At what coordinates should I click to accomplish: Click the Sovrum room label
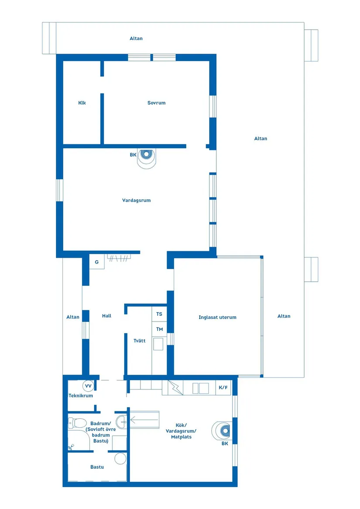[x=156, y=103]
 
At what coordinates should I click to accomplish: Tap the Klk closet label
[x=82, y=103]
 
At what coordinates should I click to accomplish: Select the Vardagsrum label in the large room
[x=136, y=201]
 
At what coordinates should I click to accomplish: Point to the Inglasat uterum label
[x=217, y=318]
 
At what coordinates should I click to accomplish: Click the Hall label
[x=106, y=316]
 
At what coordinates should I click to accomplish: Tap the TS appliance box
[x=159, y=314]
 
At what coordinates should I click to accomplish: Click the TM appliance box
[x=159, y=329]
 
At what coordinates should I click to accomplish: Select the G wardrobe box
[x=96, y=262]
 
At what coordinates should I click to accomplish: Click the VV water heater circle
[x=88, y=386]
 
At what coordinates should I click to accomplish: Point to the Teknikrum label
[x=81, y=396]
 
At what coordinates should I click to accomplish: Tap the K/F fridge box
[x=223, y=387]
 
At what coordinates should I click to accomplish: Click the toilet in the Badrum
[x=77, y=423]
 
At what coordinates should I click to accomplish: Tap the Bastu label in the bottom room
[x=97, y=467]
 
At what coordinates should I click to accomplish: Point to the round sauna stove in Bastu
[x=120, y=458]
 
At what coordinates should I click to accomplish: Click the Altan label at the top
[x=136, y=38]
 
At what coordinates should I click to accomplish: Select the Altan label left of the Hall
[x=73, y=317]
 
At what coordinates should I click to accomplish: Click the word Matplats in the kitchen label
[x=181, y=437]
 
